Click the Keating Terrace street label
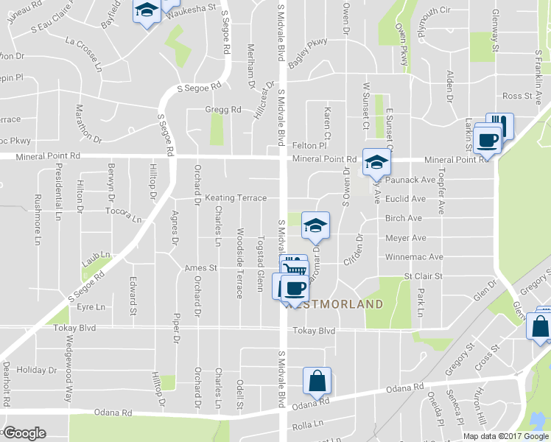pos(236,198)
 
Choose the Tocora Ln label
pos(122,214)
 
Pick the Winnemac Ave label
pos(414,257)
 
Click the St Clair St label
pos(422,276)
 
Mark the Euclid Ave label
pos(406,199)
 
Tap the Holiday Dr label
pos(31,369)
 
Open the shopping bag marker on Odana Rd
pos(317,382)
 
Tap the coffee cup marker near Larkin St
pos(487,139)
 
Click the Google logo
pos(24,433)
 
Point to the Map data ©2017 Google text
pos(505,436)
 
